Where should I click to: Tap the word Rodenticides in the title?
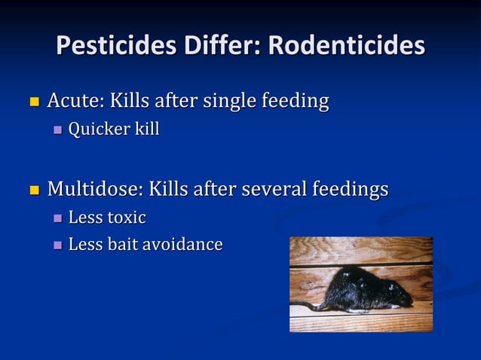[x=346, y=46]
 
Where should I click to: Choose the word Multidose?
[x=95, y=188]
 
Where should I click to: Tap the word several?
[x=272, y=188]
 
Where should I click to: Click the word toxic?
[x=127, y=218]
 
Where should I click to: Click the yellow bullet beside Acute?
[x=33, y=101]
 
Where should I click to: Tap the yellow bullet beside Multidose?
[x=33, y=188]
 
